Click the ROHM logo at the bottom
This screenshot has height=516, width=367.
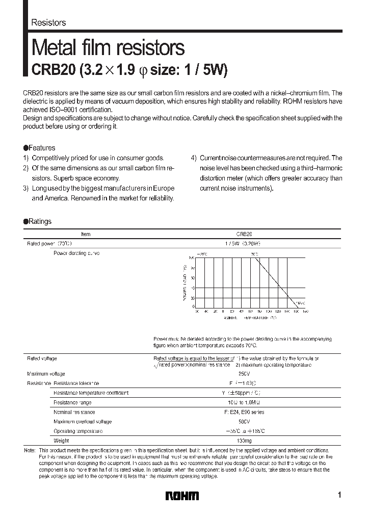tap(182, 496)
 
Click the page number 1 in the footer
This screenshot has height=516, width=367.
tap(339, 495)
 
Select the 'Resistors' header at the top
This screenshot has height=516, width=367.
tap(48, 23)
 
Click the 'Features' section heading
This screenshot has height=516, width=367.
tap(40, 148)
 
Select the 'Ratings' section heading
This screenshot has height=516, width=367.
tap(38, 222)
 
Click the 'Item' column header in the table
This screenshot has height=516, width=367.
tap(86, 234)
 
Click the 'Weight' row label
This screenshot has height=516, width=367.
tap(61, 441)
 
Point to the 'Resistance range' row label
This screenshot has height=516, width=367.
tap(72, 402)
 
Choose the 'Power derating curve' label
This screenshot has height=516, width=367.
tap(76, 253)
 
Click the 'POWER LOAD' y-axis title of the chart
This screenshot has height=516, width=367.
tap(184, 282)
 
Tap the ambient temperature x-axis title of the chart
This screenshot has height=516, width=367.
tap(250, 318)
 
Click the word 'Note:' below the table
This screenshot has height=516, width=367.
tap(30, 450)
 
